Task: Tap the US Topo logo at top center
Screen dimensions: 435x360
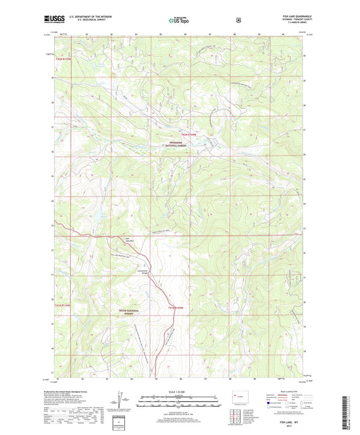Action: point(180,20)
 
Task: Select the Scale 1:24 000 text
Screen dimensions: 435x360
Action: point(179,392)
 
